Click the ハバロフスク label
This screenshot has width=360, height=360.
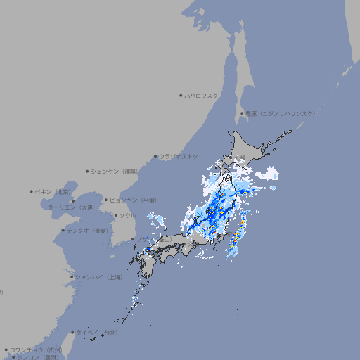(202, 95)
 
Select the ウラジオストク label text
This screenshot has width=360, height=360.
(179, 156)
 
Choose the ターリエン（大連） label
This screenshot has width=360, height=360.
(70, 207)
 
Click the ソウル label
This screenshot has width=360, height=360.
(127, 215)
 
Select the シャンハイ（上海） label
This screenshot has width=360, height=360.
(99, 277)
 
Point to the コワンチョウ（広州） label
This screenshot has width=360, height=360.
(36, 349)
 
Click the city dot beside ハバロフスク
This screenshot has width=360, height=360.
(181, 95)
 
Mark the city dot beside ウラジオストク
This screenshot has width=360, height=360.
(155, 156)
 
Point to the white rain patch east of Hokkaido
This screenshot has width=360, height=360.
(267, 174)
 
